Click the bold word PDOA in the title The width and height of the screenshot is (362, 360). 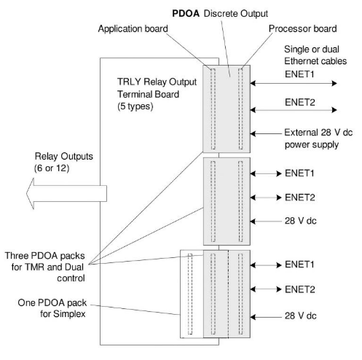186,13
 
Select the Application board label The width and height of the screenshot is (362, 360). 133,29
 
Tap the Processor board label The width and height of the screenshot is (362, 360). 302,28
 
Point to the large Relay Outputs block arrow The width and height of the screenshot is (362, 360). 66,194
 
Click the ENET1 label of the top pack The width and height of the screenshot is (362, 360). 299,74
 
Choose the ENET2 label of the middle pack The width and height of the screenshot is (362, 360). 300,197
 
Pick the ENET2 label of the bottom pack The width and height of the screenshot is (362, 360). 300,289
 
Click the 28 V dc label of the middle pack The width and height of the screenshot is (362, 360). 301,221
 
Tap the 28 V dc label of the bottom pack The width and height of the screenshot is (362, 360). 301,316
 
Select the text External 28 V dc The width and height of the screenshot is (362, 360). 318,133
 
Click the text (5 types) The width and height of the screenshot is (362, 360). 135,106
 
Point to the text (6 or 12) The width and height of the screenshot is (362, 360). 52,168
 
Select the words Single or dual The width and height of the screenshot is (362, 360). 312,50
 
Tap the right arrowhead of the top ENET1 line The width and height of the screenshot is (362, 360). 334,83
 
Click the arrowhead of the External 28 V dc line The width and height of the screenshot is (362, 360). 253,133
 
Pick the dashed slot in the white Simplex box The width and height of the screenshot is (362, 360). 190,294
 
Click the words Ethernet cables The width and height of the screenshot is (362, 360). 315,61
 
